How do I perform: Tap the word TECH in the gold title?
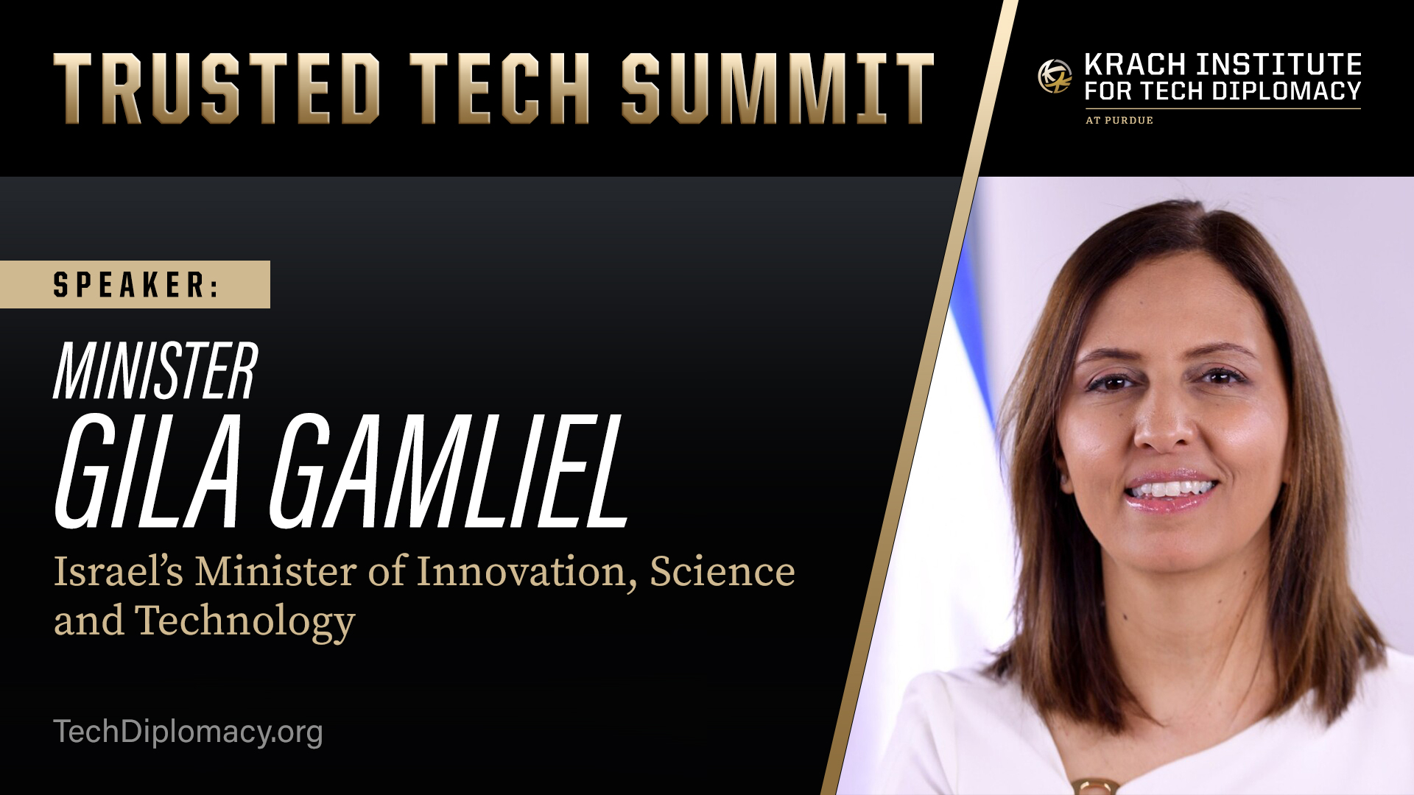499,88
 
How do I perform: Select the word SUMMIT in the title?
777,88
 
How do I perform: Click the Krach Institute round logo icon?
1055,77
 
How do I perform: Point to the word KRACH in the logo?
1135,65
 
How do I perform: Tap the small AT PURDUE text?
1119,120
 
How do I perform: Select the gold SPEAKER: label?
136,285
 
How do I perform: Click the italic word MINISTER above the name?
155,372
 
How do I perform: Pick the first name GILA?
148,472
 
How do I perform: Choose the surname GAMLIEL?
449,472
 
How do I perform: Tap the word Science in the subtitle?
722,572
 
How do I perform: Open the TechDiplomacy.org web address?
188,732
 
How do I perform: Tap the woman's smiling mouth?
1171,490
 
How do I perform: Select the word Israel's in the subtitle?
118,572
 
